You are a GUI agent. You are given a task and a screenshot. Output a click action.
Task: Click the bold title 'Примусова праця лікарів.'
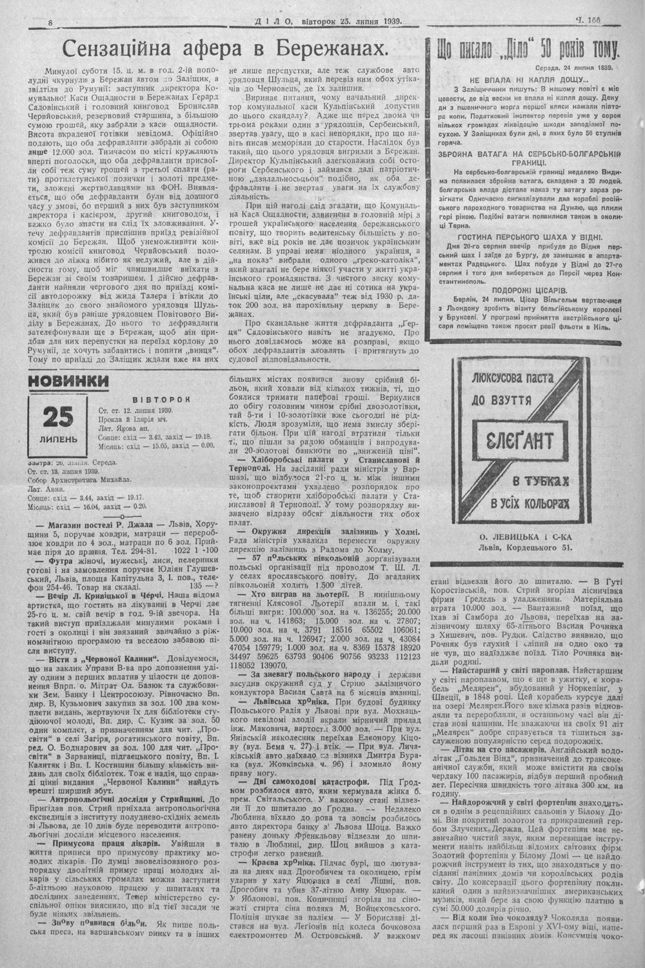click(89, 843)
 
